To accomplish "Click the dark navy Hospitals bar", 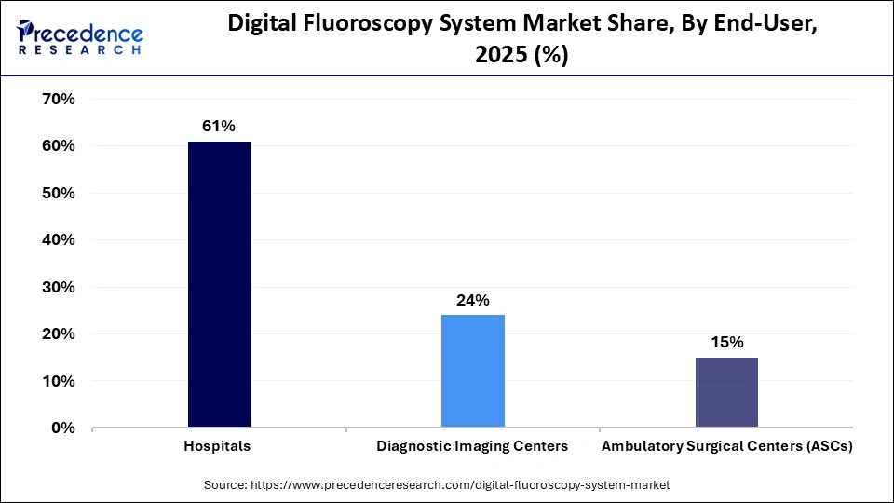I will click(219, 284).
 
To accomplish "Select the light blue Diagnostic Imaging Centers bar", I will click(472, 371).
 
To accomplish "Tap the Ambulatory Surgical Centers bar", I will click(726, 392).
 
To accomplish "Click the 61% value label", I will click(219, 126).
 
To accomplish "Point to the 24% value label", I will click(472, 299).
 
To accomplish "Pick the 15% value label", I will click(726, 342).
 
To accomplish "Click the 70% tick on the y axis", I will click(57, 99).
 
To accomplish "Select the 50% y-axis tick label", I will click(57, 193).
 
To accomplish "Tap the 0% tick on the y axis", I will click(61, 428).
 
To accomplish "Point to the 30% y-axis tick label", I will click(57, 287).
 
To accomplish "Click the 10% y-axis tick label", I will click(57, 381).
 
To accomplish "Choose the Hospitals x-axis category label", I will click(219, 446).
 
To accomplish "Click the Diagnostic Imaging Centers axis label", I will click(472, 446).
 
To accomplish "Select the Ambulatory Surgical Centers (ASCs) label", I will click(726, 446).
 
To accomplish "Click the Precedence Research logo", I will click(80, 37).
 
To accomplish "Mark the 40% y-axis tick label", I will click(57, 239).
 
